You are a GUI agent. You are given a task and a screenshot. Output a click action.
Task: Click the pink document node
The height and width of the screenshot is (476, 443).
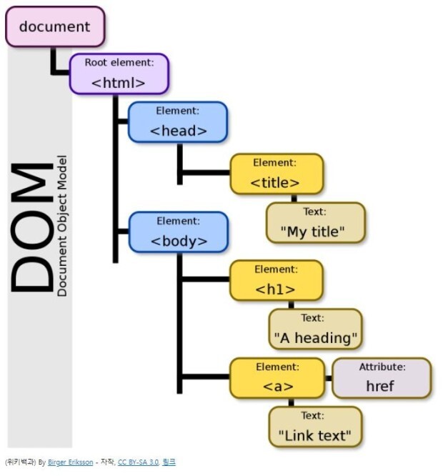click(x=55, y=27)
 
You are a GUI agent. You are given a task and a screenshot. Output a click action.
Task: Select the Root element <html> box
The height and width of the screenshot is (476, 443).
click(x=119, y=74)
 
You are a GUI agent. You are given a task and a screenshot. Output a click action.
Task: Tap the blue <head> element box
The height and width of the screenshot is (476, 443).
click(x=178, y=122)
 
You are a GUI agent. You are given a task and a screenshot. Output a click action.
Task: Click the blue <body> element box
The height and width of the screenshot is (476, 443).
click(x=178, y=232)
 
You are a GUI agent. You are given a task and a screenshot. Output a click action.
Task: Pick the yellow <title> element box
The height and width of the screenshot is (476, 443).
click(x=275, y=174)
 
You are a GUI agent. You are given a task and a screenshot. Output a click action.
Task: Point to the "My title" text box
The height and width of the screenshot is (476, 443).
click(x=315, y=222)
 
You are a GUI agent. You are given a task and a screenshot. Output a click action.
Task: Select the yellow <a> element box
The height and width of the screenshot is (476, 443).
click(x=275, y=378)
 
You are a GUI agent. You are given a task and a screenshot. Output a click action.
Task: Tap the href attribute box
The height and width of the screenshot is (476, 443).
click(x=381, y=378)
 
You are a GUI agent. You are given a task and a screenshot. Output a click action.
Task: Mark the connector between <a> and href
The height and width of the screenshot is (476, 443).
click(x=328, y=377)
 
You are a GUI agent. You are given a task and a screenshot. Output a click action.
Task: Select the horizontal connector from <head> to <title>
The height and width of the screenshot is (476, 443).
click(x=204, y=172)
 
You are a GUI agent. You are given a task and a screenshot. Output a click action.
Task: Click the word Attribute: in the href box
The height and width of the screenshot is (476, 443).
click(x=382, y=367)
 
